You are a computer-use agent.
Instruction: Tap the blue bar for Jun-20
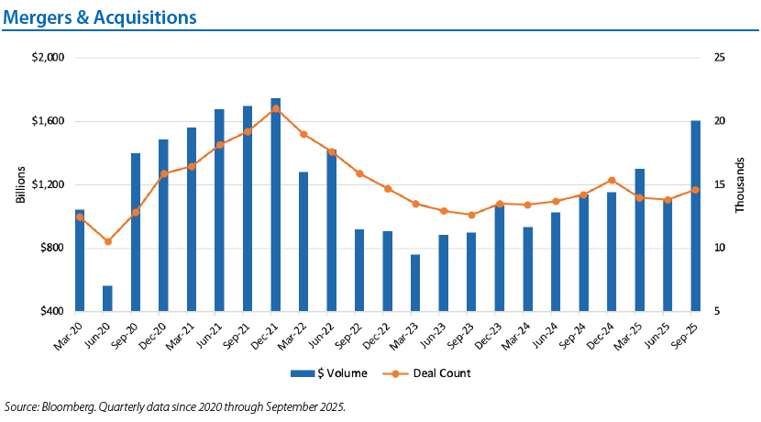[x=107, y=298]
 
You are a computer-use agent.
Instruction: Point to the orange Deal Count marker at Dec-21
[x=276, y=108]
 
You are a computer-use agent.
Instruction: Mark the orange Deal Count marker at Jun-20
[x=108, y=241]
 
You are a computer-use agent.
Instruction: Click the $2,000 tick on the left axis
[x=50, y=58]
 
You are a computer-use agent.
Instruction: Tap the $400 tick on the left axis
[x=53, y=312]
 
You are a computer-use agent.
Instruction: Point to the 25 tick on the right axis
[x=719, y=58]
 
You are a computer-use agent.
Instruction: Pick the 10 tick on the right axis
[x=719, y=249]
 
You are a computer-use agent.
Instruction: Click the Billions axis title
[x=21, y=184]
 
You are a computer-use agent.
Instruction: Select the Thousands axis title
[x=740, y=184]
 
